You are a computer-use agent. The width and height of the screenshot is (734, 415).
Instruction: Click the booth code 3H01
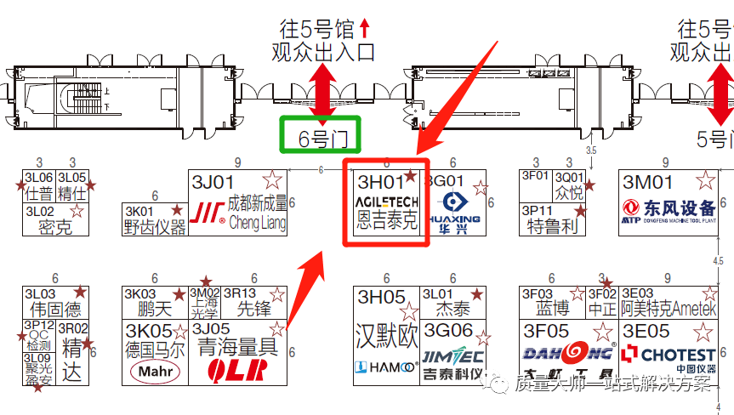coord(379,181)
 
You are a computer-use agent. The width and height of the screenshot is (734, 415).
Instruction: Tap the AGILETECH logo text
coord(386,202)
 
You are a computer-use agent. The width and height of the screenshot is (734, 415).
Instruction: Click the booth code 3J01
coord(213,182)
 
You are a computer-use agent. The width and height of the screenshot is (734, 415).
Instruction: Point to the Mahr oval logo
coord(155,371)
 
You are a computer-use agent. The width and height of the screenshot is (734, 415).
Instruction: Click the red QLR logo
coord(237,370)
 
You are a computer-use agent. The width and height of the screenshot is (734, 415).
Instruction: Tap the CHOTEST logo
coord(669,355)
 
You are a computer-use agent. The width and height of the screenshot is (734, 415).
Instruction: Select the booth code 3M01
coord(647,182)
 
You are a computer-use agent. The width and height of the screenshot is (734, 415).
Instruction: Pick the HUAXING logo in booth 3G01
coord(458,207)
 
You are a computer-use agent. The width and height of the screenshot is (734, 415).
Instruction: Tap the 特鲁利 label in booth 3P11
coord(552,226)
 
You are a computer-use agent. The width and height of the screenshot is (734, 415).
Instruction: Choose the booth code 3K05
coord(148,330)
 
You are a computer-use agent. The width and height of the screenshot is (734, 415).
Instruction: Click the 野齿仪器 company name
coord(155,226)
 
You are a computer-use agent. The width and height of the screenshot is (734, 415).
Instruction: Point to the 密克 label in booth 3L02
coord(55,227)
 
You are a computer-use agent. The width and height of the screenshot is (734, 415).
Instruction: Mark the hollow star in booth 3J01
coord(272,179)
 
